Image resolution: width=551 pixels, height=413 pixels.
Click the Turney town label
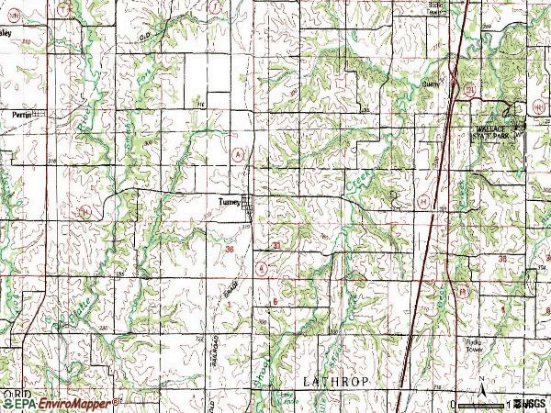pos(229,203)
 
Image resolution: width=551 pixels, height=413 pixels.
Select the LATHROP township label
pos(328,378)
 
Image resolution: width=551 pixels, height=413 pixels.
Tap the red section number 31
pos(277,245)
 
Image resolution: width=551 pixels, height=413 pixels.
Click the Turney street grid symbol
pos(248,213)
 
